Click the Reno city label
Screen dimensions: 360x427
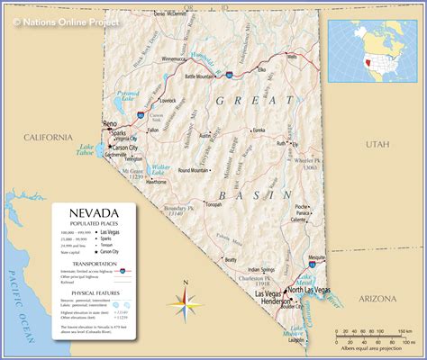tap(110, 122)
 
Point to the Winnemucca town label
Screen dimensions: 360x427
tap(179, 58)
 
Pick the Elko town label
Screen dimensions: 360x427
tap(262, 69)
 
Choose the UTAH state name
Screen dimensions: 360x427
tap(377, 144)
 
